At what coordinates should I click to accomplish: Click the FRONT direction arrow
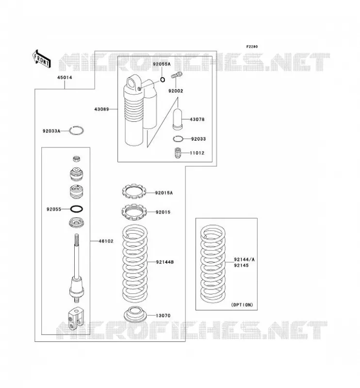[41, 59]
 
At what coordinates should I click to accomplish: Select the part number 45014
[65, 78]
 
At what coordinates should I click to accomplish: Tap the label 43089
[101, 109]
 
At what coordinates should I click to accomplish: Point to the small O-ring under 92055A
[163, 80]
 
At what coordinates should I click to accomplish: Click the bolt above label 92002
[177, 75]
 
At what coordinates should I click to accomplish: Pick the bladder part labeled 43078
[177, 119]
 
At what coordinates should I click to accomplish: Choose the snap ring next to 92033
[178, 139]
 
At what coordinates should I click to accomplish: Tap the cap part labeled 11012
[178, 153]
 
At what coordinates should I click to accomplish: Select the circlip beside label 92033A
[76, 130]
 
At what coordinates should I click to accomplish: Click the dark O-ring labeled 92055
[76, 209]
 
